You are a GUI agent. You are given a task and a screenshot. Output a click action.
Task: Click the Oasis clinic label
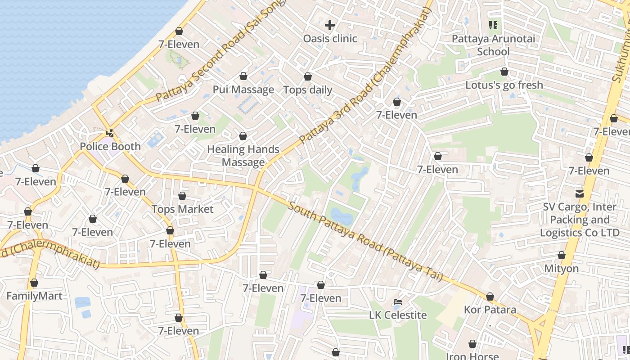click(x=330, y=39)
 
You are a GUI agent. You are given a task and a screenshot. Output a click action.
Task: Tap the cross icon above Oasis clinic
click(x=330, y=25)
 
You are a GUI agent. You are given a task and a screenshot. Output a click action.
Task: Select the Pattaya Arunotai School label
click(x=493, y=45)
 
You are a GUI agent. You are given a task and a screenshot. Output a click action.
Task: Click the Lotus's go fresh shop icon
click(x=504, y=72)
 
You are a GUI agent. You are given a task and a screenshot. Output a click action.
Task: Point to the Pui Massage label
click(x=243, y=90)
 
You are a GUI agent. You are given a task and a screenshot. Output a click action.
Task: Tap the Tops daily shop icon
click(x=308, y=77)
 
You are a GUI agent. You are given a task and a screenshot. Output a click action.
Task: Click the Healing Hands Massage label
click(x=243, y=156)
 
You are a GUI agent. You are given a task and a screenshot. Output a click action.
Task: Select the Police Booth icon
click(x=110, y=133)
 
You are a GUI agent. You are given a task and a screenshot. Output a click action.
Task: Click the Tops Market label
click(x=182, y=209)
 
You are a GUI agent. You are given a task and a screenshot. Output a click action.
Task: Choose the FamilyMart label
click(x=34, y=296)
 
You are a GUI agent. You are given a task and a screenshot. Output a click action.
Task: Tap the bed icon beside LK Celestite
click(x=397, y=301)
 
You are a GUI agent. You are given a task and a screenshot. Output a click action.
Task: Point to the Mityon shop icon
click(x=561, y=256)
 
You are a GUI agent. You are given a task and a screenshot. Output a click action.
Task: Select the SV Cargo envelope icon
click(x=579, y=194)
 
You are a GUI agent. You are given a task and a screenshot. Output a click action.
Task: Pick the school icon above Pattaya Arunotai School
click(x=493, y=25)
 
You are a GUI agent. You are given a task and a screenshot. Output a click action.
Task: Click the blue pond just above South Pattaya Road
click(x=342, y=217)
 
